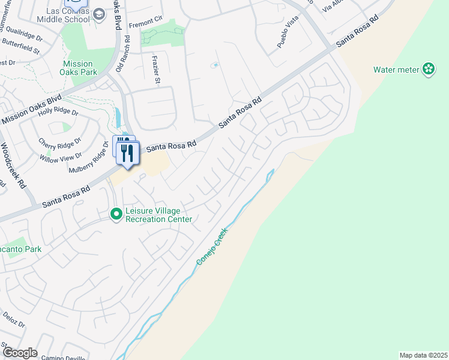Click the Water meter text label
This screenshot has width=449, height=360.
(x=396, y=70)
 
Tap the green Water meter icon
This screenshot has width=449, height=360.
(x=429, y=70)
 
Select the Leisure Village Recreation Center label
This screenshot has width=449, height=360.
(x=159, y=215)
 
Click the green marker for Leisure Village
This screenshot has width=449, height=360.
(x=116, y=214)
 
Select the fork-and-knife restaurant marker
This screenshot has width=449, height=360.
(x=127, y=153)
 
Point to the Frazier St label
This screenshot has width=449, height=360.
(x=156, y=69)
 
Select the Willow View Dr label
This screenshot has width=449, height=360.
(x=61, y=157)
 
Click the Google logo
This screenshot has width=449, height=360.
(x=20, y=353)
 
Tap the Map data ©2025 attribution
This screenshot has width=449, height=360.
(x=423, y=355)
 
